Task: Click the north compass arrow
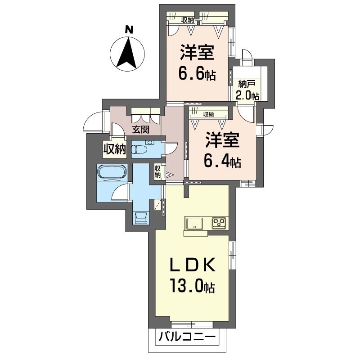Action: pyautogui.click(x=127, y=53)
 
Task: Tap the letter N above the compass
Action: pyautogui.click(x=129, y=30)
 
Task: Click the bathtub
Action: pyautogui.click(x=112, y=172)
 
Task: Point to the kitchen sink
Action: pyautogui.click(x=194, y=223)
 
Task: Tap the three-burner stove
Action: pyautogui.click(x=219, y=223)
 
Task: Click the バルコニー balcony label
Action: pyautogui.click(x=188, y=337)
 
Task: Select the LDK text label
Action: pyautogui.click(x=193, y=265)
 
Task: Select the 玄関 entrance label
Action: pyautogui.click(x=140, y=130)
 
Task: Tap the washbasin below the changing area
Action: pyautogui.click(x=140, y=218)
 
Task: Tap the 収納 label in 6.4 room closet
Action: pyautogui.click(x=208, y=114)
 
